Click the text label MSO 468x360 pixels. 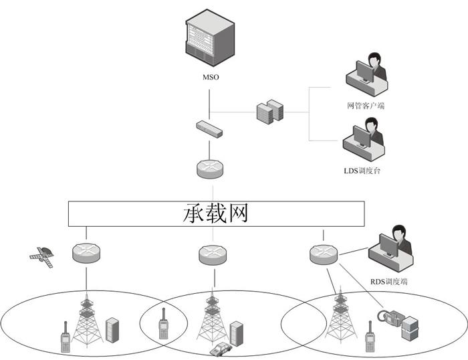point(211,78)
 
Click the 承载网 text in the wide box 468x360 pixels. point(215,213)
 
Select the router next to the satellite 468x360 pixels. point(86,253)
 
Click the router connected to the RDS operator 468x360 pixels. point(323,254)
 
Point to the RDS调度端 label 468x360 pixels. point(390,282)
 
